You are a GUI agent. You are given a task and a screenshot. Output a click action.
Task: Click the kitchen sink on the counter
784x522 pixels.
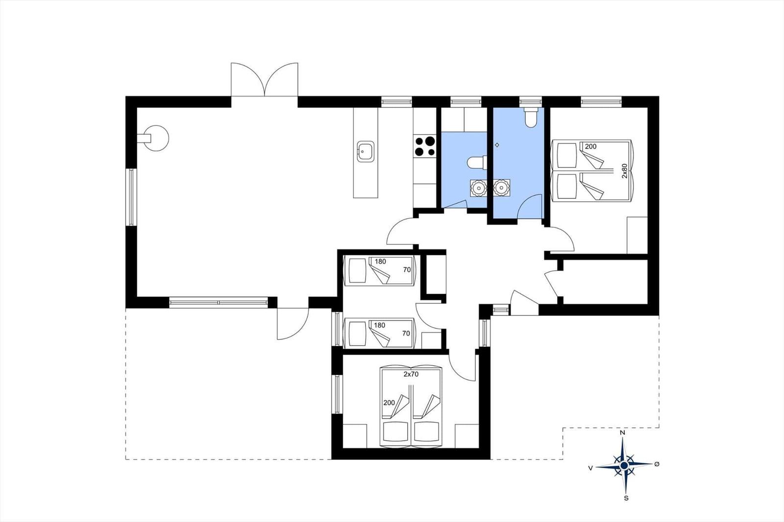[x=366, y=151]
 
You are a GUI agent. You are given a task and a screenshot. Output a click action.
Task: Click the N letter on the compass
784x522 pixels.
[x=622, y=432]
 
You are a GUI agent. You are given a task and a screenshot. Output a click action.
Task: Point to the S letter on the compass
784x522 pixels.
[x=626, y=498]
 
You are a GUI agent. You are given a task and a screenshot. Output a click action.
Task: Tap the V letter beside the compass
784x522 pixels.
[x=590, y=468]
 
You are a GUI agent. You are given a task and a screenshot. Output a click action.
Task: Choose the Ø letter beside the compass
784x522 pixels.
[x=657, y=464]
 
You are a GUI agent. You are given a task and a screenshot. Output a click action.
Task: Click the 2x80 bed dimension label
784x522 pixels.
[x=624, y=171]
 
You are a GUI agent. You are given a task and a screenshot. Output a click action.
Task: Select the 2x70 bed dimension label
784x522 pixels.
[x=411, y=374]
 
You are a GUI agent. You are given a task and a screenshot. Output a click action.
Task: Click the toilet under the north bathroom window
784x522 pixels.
[x=531, y=117]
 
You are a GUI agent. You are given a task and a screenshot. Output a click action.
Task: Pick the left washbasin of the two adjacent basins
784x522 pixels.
[x=478, y=188]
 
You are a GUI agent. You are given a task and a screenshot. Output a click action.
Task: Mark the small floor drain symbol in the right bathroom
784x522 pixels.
[x=497, y=145]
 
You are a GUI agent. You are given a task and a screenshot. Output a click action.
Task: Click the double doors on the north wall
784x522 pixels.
[x=265, y=79]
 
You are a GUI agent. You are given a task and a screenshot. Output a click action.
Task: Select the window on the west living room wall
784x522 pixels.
[x=131, y=197]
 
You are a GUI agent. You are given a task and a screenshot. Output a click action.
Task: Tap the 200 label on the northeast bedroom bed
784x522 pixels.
[x=590, y=146]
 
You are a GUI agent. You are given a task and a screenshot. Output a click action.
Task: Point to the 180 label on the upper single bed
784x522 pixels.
[x=380, y=261]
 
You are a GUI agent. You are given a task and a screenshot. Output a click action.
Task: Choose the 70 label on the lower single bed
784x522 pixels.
[x=406, y=333]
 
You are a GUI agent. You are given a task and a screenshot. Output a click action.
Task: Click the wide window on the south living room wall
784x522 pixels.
[x=219, y=302]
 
